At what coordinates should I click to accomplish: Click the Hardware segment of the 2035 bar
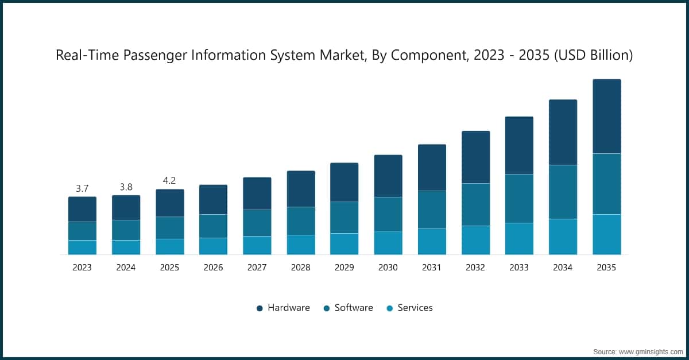click(x=606, y=116)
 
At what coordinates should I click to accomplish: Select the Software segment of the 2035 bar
click(x=606, y=184)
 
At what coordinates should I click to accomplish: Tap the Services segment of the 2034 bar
click(x=563, y=237)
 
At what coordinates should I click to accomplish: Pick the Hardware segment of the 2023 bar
click(x=82, y=209)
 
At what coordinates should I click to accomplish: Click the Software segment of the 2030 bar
click(x=388, y=214)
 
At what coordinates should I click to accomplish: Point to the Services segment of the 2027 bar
click(x=257, y=245)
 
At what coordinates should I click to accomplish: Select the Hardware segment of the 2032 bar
click(x=475, y=157)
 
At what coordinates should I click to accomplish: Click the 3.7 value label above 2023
click(x=82, y=188)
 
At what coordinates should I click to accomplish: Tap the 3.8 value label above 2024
click(x=126, y=187)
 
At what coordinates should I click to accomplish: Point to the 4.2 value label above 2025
click(x=169, y=180)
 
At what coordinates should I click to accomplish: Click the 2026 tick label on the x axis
click(x=213, y=268)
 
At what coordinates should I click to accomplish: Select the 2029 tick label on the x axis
click(x=344, y=268)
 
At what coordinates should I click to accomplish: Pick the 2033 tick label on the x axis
click(x=519, y=268)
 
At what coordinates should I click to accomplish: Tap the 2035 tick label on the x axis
click(x=606, y=268)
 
